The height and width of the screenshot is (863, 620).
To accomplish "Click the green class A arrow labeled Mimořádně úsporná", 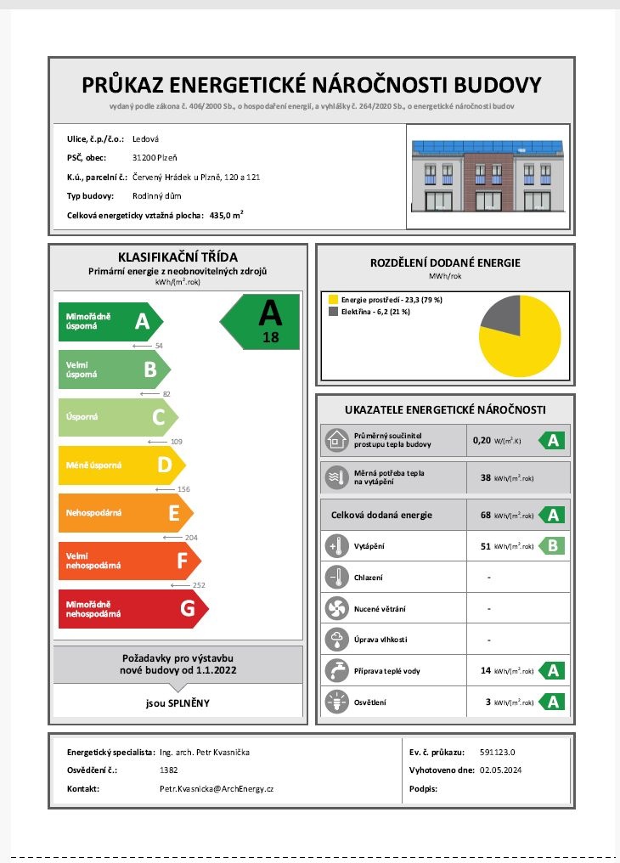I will coord(109,321).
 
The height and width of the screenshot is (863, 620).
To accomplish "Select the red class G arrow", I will coord(132,608).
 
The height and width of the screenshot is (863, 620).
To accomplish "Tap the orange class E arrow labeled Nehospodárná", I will coord(124,513).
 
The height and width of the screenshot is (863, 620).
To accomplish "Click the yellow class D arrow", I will coord(120,465).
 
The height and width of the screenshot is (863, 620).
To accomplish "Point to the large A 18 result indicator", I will coord(262,321).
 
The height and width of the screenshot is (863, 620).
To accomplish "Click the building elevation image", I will coord(488,176).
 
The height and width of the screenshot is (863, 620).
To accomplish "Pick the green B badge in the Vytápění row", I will coord(552,545).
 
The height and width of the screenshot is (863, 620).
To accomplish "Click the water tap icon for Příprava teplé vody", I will coord(335,670).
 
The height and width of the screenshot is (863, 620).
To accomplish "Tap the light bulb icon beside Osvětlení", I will coord(335,702).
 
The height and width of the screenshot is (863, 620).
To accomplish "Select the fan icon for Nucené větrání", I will coord(335,608).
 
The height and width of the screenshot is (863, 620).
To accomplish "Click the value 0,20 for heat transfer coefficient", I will coord(482,441).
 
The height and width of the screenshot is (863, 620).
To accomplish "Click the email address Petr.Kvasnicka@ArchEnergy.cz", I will coord(217,789).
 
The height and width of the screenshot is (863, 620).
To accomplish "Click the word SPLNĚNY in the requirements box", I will coord(190,702).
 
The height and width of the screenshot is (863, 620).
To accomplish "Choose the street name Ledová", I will coord(146,138).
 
